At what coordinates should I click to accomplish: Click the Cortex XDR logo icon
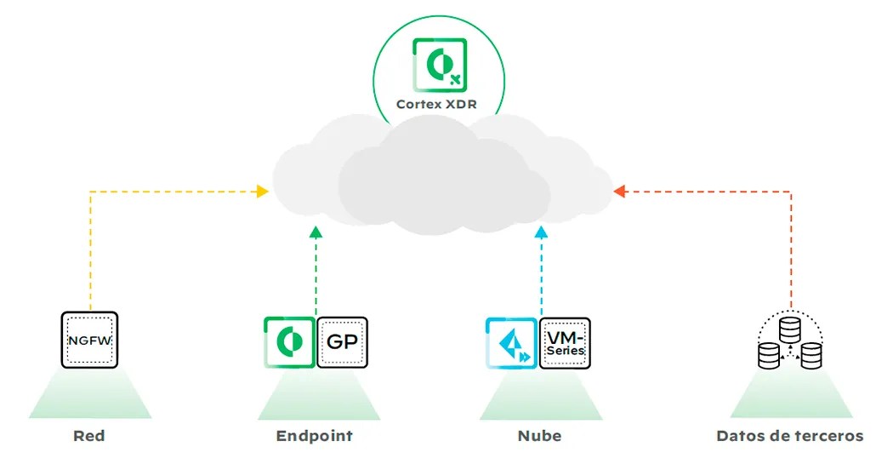[x=439, y=65]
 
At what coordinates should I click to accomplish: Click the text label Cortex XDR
[x=439, y=106]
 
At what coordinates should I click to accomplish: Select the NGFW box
[x=89, y=340]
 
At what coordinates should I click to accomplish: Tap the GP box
[x=342, y=343]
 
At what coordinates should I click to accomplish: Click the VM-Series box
[x=566, y=343]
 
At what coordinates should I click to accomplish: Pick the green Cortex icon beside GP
[x=289, y=342]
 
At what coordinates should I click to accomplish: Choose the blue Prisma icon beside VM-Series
[x=511, y=343]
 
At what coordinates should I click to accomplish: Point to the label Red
[x=89, y=436]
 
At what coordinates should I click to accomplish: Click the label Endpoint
[x=315, y=436]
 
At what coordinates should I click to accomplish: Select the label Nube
[x=539, y=436]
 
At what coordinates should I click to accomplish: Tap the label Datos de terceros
[x=790, y=436]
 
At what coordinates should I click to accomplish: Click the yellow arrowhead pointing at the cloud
[x=263, y=192]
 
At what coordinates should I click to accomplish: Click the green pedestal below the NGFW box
[x=89, y=396]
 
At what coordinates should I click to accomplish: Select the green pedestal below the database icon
[x=790, y=396]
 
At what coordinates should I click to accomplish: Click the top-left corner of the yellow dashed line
[x=90, y=192]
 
